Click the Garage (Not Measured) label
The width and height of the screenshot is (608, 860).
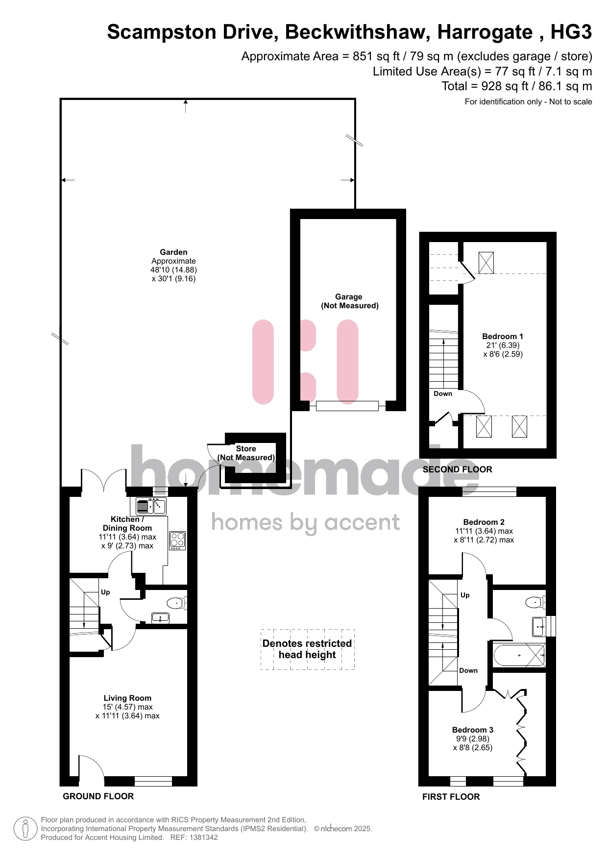click(x=350, y=301)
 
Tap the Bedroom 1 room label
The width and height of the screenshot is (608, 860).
click(x=503, y=336)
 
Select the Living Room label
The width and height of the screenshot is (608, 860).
click(x=127, y=698)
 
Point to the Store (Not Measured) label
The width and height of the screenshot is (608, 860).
click(x=246, y=453)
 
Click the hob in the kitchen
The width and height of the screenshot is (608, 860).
click(x=177, y=541)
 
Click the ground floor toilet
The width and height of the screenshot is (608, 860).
click(x=176, y=603)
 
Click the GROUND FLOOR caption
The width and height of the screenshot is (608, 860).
click(x=98, y=796)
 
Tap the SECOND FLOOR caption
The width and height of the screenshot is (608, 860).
click(x=457, y=469)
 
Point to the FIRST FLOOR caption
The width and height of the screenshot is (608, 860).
click(x=451, y=797)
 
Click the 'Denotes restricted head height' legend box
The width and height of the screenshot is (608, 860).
click(x=308, y=649)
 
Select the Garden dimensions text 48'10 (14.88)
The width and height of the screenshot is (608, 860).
click(x=173, y=270)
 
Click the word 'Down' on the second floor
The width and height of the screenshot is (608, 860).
click(x=443, y=393)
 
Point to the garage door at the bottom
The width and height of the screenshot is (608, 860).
click(x=347, y=406)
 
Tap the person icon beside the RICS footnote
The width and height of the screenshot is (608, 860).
click(x=25, y=829)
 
